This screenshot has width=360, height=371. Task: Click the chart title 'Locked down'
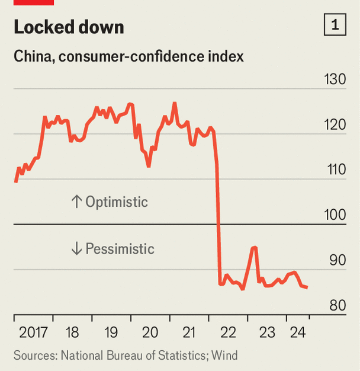pos(69,27)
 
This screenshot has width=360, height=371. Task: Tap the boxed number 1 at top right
pos(335,25)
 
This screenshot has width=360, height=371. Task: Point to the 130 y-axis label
pos(335,80)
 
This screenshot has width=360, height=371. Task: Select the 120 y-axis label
pos(335,125)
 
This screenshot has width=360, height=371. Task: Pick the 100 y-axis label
pos(335,215)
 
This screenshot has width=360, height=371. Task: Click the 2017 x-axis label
pos(33,332)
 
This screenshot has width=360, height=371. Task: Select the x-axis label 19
pos(111,332)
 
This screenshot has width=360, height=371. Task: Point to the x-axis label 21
pos(189,332)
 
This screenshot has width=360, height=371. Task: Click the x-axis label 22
pos(228,332)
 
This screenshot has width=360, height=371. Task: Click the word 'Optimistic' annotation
pos(117,202)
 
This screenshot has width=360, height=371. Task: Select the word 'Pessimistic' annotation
pos(120,248)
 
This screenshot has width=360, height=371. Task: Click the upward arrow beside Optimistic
pos(76,202)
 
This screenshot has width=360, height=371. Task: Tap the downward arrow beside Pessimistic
pos(76,248)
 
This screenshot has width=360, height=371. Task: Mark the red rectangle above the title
pos(33,2)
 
